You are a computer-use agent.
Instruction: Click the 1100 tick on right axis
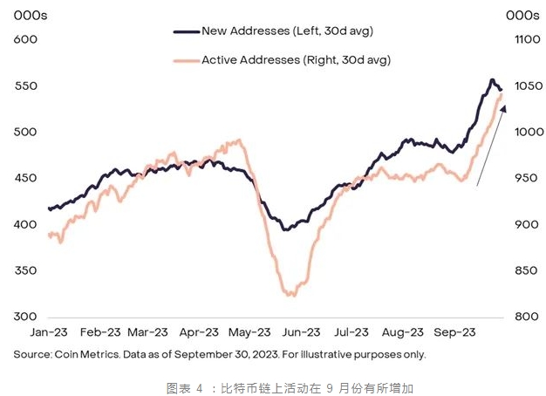[521, 39]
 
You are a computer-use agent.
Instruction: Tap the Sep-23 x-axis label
[454, 332]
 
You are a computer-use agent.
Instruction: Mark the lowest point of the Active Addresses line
[291, 295]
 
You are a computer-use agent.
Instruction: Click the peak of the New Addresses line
[492, 80]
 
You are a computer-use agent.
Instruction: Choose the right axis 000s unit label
[522, 15]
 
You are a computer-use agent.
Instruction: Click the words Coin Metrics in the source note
[88, 355]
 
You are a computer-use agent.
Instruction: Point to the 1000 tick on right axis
[521, 132]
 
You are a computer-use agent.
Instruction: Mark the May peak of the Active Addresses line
[237, 140]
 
